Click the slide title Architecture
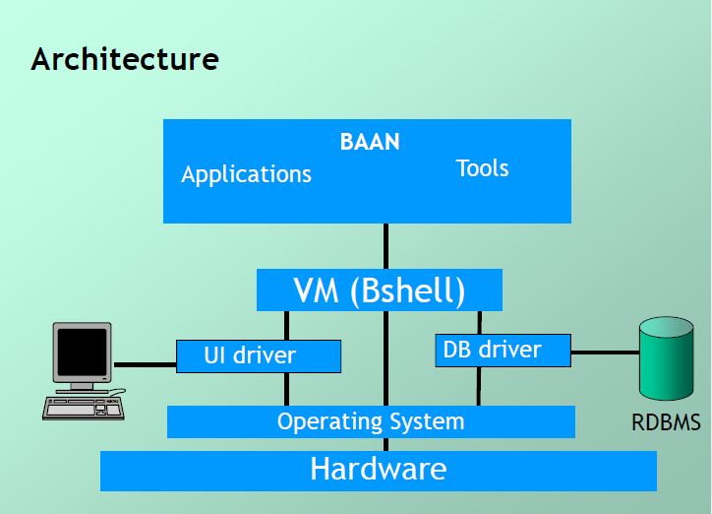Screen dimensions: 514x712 coord(124,59)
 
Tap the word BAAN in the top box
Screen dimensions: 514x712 coord(370,142)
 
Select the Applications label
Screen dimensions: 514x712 coord(246,175)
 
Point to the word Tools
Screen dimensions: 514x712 coord(482,168)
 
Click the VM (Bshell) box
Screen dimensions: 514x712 coord(379,290)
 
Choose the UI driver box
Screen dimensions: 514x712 coord(259,355)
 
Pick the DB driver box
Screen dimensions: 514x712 coord(502,350)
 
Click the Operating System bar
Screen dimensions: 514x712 coord(371,422)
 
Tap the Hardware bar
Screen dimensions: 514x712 coord(378,470)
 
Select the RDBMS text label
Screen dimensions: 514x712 coord(666,423)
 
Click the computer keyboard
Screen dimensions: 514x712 coord(84,405)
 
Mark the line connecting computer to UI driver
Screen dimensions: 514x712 coord(145,364)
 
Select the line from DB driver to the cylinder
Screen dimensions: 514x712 coord(604,351)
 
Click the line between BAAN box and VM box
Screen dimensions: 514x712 coord(385,246)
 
